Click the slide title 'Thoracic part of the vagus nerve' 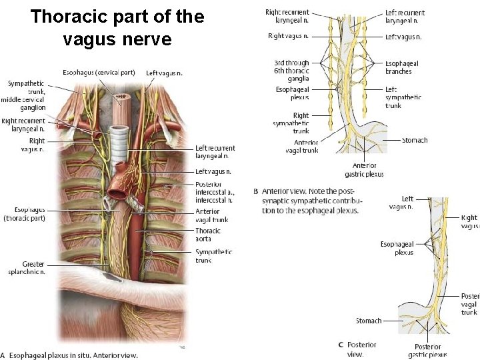(117, 28)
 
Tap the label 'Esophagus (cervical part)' (99, 72)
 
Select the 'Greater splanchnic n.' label (26, 267)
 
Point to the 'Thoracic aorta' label (208, 235)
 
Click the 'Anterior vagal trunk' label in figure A (212, 216)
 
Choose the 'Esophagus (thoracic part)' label (25, 214)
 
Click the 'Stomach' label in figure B (415, 140)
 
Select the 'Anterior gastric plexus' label (364, 170)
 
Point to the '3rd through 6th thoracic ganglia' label (291, 71)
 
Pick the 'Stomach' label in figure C (369, 321)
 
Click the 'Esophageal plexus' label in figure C (397, 249)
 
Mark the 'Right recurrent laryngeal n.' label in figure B (287, 17)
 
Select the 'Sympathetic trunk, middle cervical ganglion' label (24, 95)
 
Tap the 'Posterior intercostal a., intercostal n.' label (214, 192)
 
